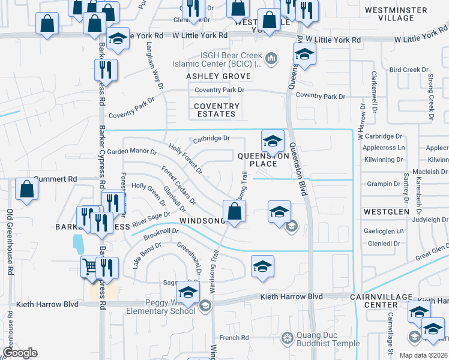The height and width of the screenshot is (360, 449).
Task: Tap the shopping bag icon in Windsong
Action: (x=234, y=211)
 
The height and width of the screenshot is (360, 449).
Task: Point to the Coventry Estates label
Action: (x=217, y=110)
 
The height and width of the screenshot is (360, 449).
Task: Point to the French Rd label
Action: (x=229, y=338)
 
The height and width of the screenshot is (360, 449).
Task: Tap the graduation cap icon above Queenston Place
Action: (x=273, y=142)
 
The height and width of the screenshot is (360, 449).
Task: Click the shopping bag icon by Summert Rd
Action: (x=27, y=189)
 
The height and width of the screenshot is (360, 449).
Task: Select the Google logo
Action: (x=20, y=353)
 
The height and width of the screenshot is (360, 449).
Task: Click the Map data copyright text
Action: (x=426, y=355)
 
